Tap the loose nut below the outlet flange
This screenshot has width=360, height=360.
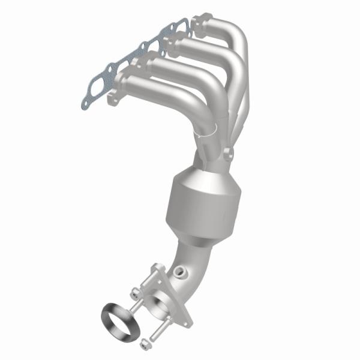pyautogui.click(x=144, y=343)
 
